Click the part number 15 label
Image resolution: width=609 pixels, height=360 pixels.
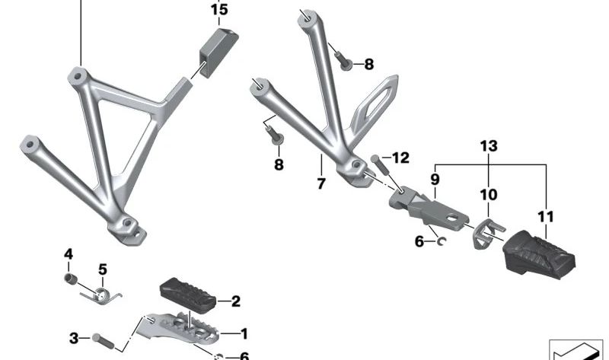click(x=218, y=10)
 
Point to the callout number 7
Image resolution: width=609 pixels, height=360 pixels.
click(x=321, y=183)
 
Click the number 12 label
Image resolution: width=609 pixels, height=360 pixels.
click(x=400, y=158)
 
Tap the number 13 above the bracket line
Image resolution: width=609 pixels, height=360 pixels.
click(x=488, y=145)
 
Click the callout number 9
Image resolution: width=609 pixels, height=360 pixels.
click(x=435, y=180)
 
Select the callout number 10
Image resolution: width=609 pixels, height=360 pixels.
click(x=487, y=196)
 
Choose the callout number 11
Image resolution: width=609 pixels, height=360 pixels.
click(x=546, y=217)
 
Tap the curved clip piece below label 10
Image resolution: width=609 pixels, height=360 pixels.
click(x=479, y=231)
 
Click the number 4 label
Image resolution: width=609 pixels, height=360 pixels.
click(x=68, y=253)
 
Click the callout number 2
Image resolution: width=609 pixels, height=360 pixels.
click(x=235, y=301)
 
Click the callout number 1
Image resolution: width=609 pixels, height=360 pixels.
click(x=244, y=333)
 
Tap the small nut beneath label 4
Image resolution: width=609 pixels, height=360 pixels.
click(x=69, y=279)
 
